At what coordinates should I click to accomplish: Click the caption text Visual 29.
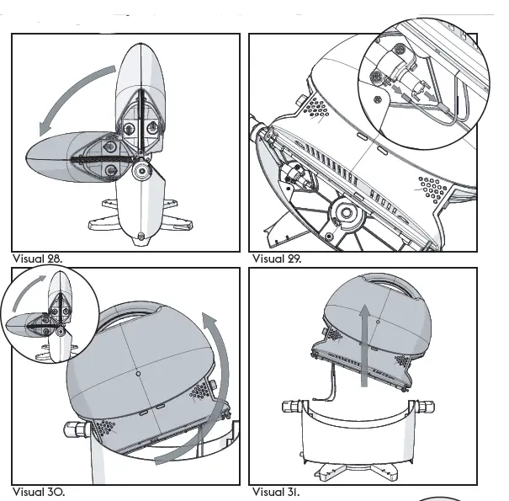277,258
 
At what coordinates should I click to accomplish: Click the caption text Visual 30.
38,491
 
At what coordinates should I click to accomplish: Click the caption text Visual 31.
276,491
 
